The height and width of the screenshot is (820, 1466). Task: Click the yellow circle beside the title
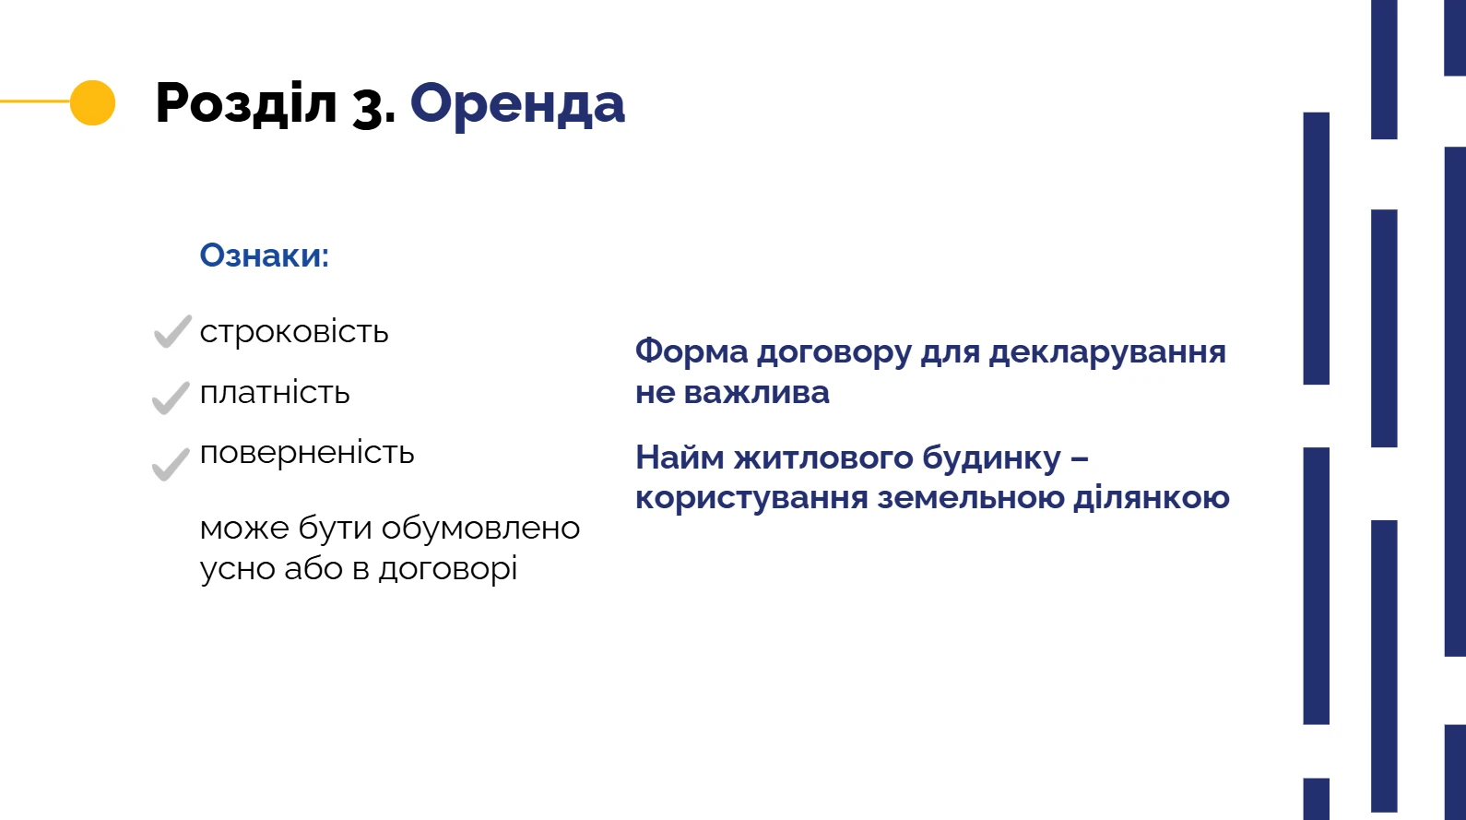(x=92, y=102)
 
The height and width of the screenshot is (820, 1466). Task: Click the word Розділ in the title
(x=246, y=102)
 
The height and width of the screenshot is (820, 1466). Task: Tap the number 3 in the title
(x=369, y=107)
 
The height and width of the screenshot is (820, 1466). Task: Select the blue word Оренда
(x=517, y=104)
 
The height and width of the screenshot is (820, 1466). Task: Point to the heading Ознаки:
(x=265, y=256)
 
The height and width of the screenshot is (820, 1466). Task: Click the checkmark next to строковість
(x=172, y=331)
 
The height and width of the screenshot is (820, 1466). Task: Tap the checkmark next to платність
(x=171, y=398)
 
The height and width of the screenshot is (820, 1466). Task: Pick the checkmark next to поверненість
(x=171, y=463)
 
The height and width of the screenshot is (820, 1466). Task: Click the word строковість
(x=294, y=332)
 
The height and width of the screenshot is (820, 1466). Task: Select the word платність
(x=275, y=393)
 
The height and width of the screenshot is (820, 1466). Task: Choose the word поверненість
(x=307, y=453)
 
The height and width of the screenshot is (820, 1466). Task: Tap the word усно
(x=238, y=569)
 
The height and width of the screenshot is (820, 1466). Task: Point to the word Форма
(x=692, y=351)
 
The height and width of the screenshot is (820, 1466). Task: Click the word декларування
(x=1106, y=352)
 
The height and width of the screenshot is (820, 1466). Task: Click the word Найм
(x=680, y=458)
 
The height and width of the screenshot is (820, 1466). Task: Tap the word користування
(x=751, y=498)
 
